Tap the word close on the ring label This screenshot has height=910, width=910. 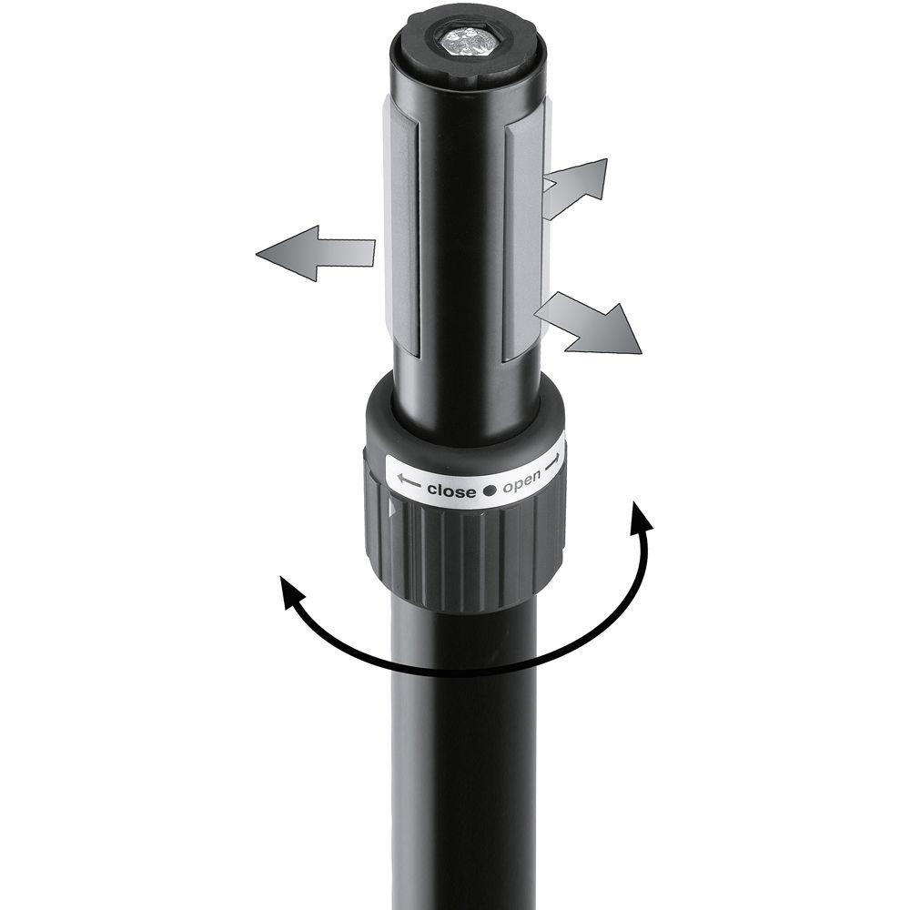451,491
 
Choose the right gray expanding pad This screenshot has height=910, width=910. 523,237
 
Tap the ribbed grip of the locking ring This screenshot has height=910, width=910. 464,555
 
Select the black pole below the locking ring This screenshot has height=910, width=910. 464,773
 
